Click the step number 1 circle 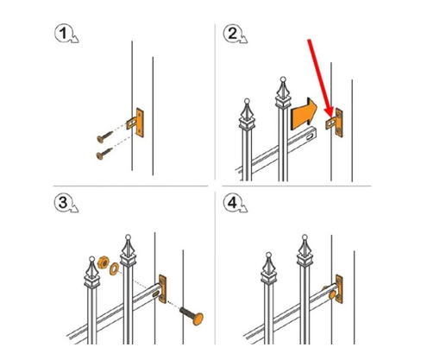pyautogui.click(x=64, y=33)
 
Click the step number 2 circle pyautogui.click(x=232, y=33)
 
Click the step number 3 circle pyautogui.click(x=63, y=202)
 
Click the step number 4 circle pyautogui.click(x=232, y=202)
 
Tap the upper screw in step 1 pyautogui.click(x=105, y=136)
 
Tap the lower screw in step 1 pyautogui.click(x=104, y=154)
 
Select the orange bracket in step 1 pyautogui.click(x=136, y=123)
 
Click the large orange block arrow pyautogui.click(x=304, y=114)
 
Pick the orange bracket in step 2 pyautogui.click(x=335, y=123)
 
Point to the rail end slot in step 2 pyautogui.click(x=311, y=136)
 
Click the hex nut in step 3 pyautogui.click(x=103, y=262)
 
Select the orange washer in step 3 pyautogui.click(x=114, y=269)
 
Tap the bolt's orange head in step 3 pyautogui.click(x=198, y=319)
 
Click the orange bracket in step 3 pyautogui.click(x=163, y=288)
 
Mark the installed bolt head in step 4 pyautogui.click(x=332, y=294)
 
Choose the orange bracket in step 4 pyautogui.click(x=339, y=288)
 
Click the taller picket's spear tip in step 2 pyautogui.click(x=283, y=79)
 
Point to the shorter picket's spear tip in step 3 pyautogui.click(x=92, y=259)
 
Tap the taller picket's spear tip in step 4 pyautogui.click(x=305, y=237)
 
